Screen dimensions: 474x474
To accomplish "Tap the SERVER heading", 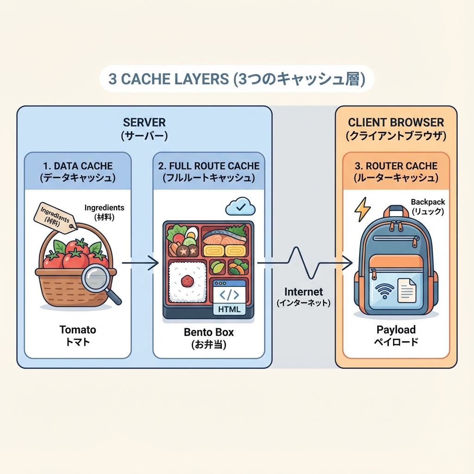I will click(x=144, y=123).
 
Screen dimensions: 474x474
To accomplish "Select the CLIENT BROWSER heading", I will click(x=396, y=123).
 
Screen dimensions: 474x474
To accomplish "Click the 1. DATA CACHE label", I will click(x=77, y=166).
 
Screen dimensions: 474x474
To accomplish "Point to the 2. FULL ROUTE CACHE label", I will click(x=208, y=166).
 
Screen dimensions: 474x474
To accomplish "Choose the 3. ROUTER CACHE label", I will click(x=396, y=166).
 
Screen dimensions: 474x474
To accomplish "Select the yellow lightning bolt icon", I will click(x=362, y=210).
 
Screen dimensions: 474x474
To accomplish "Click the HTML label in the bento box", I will click(x=229, y=309).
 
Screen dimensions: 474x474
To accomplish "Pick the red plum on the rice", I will click(x=187, y=281).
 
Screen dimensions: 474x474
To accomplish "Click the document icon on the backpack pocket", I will click(x=406, y=290).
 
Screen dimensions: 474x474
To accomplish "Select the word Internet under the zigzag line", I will click(x=304, y=292).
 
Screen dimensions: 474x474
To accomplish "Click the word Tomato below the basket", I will click(x=78, y=330).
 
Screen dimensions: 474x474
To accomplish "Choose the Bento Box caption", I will click(x=209, y=332).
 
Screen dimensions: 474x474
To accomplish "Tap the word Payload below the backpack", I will click(x=396, y=330).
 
